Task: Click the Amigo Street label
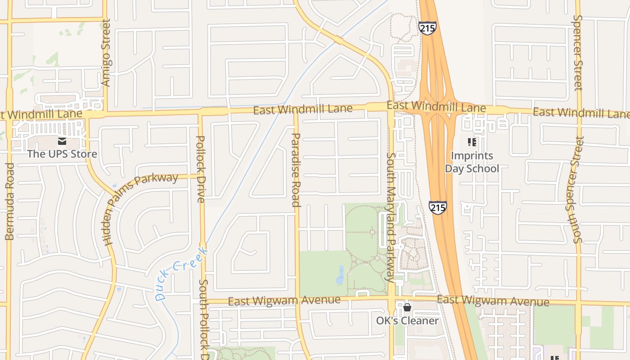106,52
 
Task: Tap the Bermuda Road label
10,201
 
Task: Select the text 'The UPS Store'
62,154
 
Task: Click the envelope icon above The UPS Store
62,141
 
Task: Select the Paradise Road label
296,170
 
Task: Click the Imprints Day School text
472,162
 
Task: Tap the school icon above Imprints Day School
472,143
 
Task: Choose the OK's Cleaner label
407,320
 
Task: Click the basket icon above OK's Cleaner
407,308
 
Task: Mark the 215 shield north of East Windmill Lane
427,28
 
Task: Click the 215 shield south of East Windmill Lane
437,207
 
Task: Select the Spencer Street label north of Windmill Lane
578,53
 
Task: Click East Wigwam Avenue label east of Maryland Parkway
493,300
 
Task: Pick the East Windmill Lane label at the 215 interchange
436,107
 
